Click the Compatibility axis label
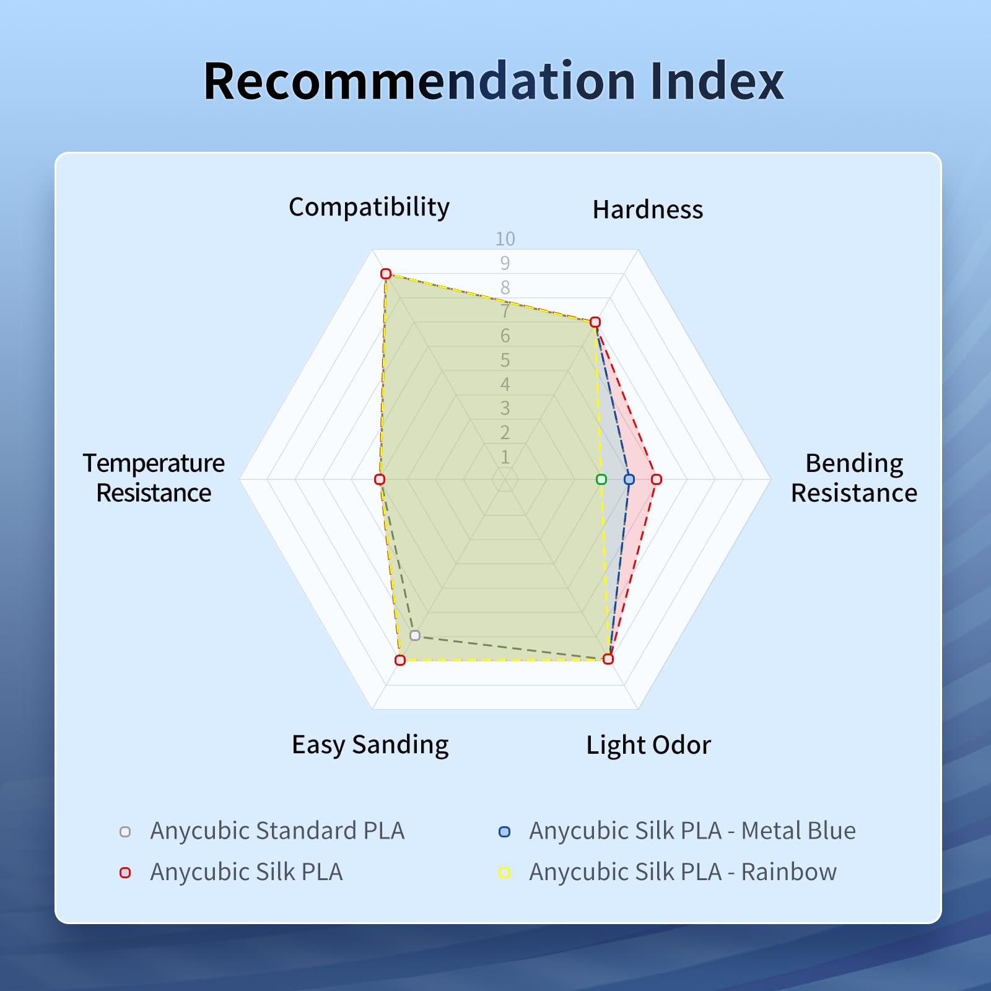point(369,207)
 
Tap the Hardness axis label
point(648,210)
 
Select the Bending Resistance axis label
point(854,478)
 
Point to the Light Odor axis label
point(648,745)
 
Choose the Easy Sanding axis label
point(370,745)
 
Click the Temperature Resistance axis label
point(154,478)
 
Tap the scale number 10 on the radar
point(505,239)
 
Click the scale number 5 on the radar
point(505,360)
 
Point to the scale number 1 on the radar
point(505,457)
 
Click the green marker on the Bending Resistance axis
point(601,479)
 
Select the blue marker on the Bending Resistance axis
point(629,479)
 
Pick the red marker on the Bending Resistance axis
point(657,479)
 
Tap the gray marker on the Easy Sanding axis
point(415,635)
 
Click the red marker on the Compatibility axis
point(386,274)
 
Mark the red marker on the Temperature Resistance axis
point(380,479)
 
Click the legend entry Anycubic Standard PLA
point(277,831)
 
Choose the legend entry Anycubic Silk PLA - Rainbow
point(683,872)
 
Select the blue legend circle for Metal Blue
point(505,832)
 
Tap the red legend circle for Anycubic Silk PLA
point(125,873)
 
